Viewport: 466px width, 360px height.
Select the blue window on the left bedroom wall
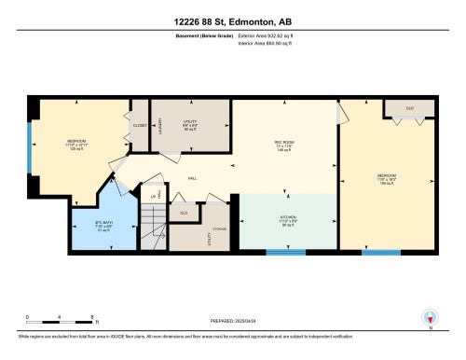(30, 145)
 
